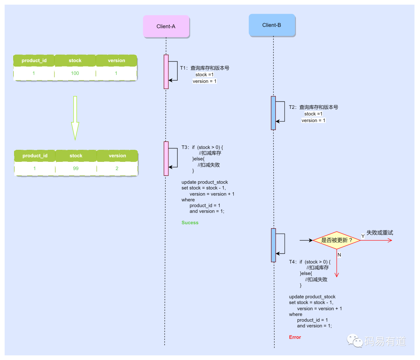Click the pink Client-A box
166,26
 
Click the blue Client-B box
272,25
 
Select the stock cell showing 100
75,73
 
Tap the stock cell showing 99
76,169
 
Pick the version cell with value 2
117,169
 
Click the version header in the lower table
117,156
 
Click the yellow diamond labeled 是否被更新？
336,240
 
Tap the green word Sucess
190,223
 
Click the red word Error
295,337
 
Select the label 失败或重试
380,233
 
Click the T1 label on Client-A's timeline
184,68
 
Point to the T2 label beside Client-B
292,107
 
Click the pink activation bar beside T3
166,159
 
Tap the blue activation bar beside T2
273,113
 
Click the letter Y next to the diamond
363,236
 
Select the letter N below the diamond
339,255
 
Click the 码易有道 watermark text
385,341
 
